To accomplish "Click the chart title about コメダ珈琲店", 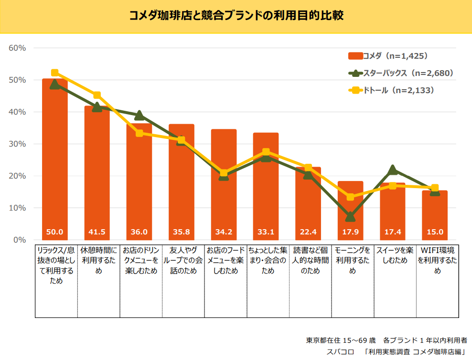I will point(236,16).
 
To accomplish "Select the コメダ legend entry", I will point(387,56).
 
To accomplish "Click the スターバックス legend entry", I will point(400,73).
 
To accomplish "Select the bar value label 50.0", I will point(54,233).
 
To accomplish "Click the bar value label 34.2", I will point(224,233).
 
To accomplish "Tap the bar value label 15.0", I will point(434,233).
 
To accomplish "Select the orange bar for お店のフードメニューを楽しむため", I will point(224,191).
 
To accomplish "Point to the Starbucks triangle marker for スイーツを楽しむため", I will point(393,169).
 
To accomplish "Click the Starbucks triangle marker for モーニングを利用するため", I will point(350,217).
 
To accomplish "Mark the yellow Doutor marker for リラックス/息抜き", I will point(54,73).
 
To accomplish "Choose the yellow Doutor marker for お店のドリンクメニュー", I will point(139,133).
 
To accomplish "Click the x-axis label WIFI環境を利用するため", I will point(437,260).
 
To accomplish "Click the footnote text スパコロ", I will point(341,351).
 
